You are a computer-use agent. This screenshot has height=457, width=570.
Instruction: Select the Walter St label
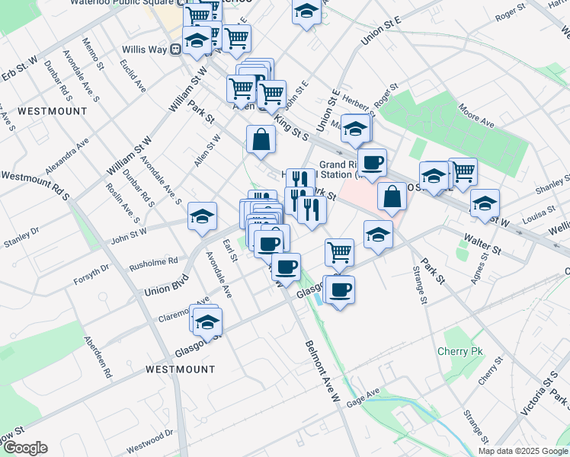pyautogui.click(x=485, y=248)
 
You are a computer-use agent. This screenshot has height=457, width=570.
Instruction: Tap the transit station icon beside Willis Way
pyautogui.click(x=175, y=50)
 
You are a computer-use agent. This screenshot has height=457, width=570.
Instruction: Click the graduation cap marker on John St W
pyautogui.click(x=202, y=217)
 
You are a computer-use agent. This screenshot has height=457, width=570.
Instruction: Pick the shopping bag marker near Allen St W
pyautogui.click(x=261, y=140)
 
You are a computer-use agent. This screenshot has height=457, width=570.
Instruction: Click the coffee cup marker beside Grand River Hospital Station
pyautogui.click(x=372, y=162)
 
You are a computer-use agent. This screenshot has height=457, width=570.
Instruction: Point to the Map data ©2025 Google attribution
pyautogui.click(x=522, y=451)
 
